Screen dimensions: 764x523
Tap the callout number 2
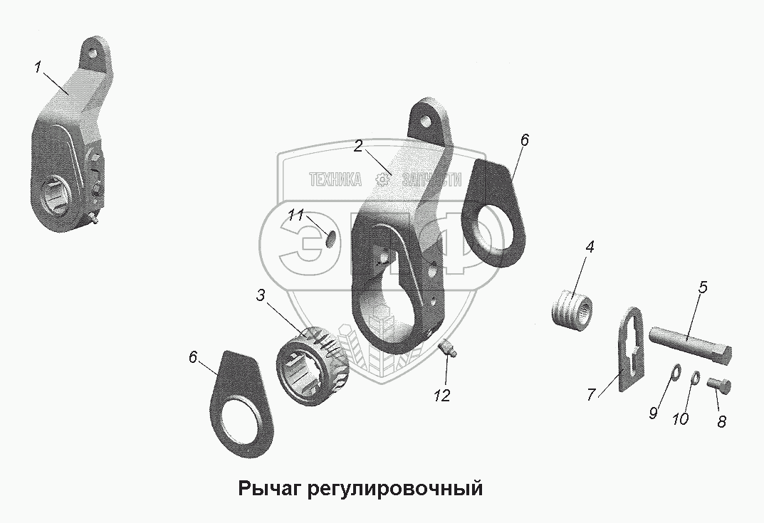359,147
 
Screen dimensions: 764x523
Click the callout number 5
703,288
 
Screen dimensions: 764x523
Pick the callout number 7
591,395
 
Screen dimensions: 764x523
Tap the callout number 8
721,421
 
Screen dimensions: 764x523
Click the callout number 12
443,396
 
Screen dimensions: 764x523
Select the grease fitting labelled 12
446,348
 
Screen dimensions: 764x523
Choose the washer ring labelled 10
696,377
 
